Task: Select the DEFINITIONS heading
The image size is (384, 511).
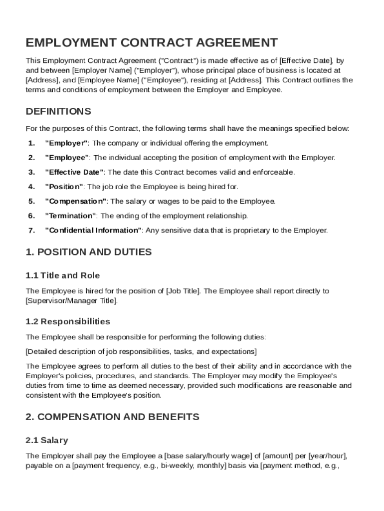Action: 58,111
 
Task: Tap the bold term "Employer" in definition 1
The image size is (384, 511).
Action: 66,143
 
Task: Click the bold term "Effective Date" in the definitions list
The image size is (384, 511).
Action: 75,172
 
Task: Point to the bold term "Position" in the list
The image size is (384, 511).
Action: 64,187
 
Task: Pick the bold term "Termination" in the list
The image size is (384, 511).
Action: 71,216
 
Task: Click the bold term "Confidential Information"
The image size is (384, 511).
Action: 94,230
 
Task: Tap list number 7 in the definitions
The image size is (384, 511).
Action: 31,230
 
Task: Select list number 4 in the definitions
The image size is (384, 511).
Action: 31,187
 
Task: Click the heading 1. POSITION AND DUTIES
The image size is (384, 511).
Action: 88,252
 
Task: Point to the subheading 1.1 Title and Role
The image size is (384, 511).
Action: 63,275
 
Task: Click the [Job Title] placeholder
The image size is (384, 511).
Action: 183,291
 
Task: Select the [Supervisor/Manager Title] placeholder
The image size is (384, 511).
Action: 72,300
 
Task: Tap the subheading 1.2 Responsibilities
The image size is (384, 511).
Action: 68,321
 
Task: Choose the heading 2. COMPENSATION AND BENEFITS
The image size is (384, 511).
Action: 112,417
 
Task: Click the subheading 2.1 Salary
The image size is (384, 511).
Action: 47,441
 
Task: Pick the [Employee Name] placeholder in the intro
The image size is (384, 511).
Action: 109,80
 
